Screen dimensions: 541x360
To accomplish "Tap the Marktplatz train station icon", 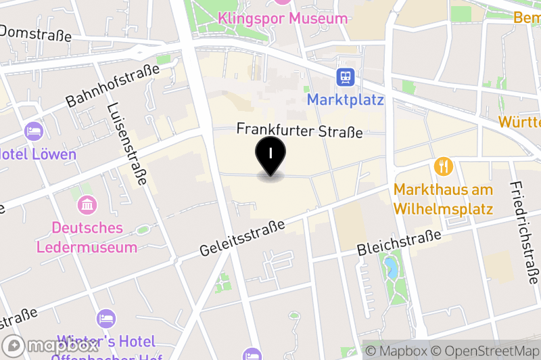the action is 346,76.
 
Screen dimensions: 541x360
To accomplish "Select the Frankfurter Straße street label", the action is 300,131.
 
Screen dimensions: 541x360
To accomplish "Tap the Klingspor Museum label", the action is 283,18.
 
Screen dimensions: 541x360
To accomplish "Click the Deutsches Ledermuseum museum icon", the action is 88,204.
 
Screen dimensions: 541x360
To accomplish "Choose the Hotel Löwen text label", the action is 37,154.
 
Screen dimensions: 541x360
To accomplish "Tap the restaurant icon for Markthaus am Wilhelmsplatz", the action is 444,166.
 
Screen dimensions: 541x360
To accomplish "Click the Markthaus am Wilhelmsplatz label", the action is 443,199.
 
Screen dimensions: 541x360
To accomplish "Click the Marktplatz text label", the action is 345,100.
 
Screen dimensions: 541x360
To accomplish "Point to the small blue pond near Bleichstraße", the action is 390,269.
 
